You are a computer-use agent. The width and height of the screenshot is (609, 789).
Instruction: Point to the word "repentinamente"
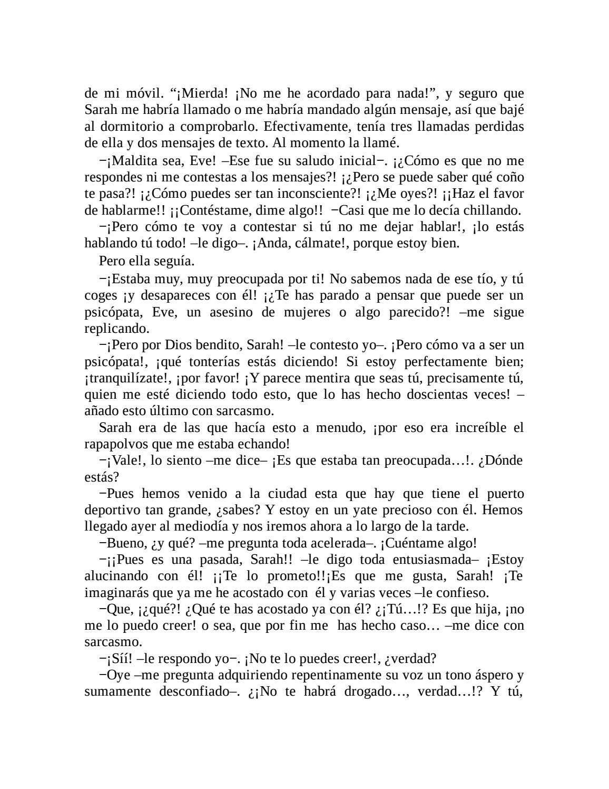tap(306, 675)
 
